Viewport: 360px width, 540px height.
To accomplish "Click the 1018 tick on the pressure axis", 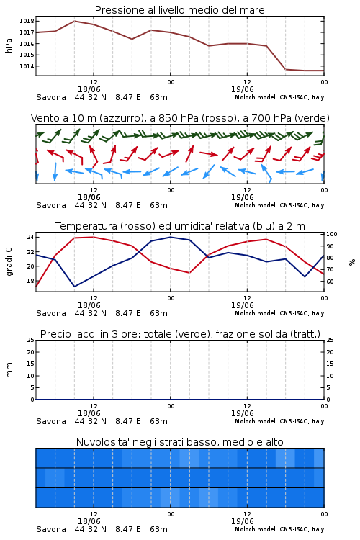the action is coord(27,21).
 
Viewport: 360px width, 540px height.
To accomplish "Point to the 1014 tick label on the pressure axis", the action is coord(27,66).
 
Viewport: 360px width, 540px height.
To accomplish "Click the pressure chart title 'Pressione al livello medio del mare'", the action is coord(180,10).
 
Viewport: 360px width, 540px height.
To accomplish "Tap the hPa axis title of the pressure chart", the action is coord(9,45).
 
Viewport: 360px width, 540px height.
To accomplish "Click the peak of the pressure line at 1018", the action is coord(74,21).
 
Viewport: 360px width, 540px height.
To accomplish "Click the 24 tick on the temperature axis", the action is coord(30,237).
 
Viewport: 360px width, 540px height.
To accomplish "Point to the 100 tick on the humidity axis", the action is coord(332,234).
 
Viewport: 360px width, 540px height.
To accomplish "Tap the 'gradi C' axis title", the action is coord(9,262).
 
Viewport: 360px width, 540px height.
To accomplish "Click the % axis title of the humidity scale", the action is coord(352,262).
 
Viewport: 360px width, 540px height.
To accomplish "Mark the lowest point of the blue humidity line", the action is coord(74,287).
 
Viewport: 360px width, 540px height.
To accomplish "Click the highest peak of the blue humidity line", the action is coord(170,237).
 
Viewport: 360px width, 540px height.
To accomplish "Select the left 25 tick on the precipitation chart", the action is coord(30,340).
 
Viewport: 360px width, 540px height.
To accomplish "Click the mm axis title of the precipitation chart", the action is coord(9,370).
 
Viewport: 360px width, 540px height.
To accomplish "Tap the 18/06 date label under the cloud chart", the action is coord(89,521).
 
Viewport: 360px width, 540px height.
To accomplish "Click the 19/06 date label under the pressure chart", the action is coord(242,89).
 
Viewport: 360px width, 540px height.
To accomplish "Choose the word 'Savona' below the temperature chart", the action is coord(51,313).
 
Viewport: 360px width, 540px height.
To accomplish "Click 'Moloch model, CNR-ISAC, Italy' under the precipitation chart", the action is coord(279,421).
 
